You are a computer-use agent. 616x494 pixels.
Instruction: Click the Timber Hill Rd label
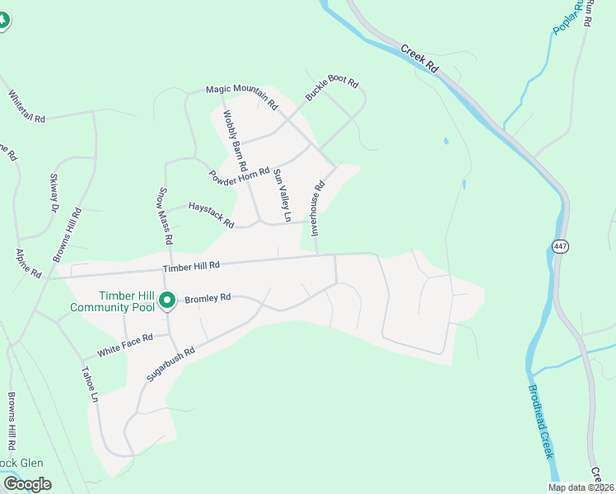pos(191,266)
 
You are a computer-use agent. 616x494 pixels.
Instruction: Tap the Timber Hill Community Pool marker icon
pos(166,301)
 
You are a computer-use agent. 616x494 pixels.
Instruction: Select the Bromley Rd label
pos(207,299)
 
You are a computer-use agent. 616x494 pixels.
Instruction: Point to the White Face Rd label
pos(125,344)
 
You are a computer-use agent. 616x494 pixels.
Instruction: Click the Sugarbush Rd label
pos(170,362)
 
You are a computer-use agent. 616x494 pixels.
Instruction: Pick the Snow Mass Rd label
pos(165,216)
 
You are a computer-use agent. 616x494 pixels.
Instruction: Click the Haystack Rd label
pos(212,216)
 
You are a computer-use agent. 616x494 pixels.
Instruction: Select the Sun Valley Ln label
pos(282,195)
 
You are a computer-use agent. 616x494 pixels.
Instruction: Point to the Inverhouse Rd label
pos(318,208)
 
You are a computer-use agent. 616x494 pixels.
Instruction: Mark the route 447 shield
pos(560,246)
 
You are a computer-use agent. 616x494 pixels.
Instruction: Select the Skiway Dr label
pos(54,192)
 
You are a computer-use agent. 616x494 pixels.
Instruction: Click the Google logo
pos(27,484)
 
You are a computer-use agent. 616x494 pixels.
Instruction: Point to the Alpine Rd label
pos(29,263)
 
